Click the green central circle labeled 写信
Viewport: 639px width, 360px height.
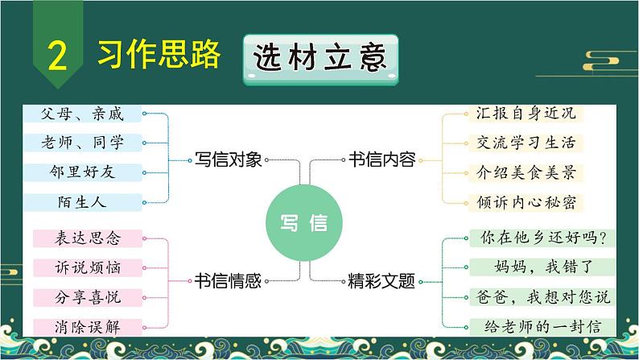303,222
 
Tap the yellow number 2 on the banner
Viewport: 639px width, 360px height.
57,56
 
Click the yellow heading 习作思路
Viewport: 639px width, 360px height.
159,54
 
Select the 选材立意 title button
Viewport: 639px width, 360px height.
321,60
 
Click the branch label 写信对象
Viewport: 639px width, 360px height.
228,159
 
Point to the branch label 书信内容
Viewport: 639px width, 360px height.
381,159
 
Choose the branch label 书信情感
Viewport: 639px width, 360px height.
228,281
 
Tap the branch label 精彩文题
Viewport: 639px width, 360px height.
381,281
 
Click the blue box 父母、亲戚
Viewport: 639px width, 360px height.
82,114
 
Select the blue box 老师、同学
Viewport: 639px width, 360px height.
82,143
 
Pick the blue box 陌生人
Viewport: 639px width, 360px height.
82,202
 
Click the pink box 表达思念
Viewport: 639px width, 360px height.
88,238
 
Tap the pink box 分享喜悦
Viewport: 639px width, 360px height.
88,298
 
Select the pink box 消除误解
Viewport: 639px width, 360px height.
88,327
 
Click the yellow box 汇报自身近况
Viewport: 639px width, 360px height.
526,114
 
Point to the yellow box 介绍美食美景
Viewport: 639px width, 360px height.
526,173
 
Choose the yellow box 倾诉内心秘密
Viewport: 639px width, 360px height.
526,203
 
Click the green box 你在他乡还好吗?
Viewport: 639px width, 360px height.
542,238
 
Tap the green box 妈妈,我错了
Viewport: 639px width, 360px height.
542,267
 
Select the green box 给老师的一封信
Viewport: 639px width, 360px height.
542,327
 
